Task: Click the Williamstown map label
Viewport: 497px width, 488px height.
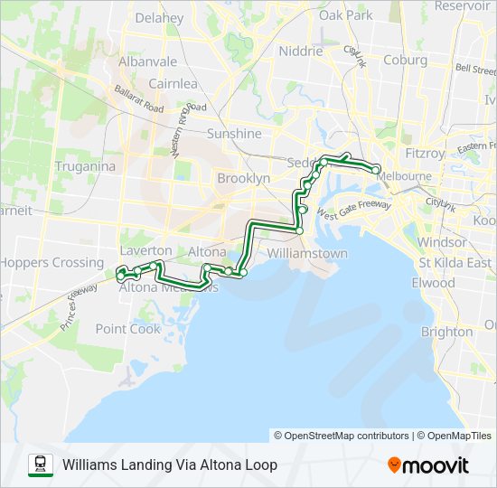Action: (307, 254)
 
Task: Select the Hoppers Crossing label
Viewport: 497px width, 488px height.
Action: (52, 263)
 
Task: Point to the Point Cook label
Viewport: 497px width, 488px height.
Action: (127, 329)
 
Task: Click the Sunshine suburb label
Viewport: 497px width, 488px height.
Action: (234, 134)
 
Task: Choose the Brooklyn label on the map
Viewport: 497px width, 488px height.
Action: (243, 179)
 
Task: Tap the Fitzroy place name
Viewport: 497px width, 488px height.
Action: (424, 154)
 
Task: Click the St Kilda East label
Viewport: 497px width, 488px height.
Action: (455, 263)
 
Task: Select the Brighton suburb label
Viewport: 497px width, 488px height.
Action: (446, 332)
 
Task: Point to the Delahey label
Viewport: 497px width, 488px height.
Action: (158, 18)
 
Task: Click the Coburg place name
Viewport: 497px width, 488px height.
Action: (405, 61)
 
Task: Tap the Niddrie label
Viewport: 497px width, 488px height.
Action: (301, 52)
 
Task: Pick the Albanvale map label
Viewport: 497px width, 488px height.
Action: (147, 61)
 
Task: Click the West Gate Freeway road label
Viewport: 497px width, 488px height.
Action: (351, 213)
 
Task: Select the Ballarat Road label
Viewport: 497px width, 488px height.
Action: (138, 99)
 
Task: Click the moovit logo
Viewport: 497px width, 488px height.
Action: (428, 465)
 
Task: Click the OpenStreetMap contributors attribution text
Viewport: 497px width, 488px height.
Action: (342, 436)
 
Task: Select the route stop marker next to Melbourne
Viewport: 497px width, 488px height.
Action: (376, 169)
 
